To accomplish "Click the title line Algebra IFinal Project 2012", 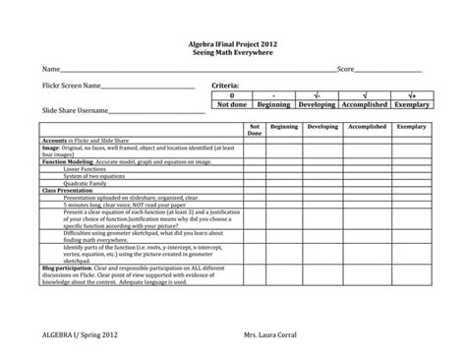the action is [x=233, y=44].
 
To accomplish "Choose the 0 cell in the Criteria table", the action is [x=231, y=95].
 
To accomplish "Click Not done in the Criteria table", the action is [x=231, y=104].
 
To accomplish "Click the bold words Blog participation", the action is [x=66, y=267].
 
